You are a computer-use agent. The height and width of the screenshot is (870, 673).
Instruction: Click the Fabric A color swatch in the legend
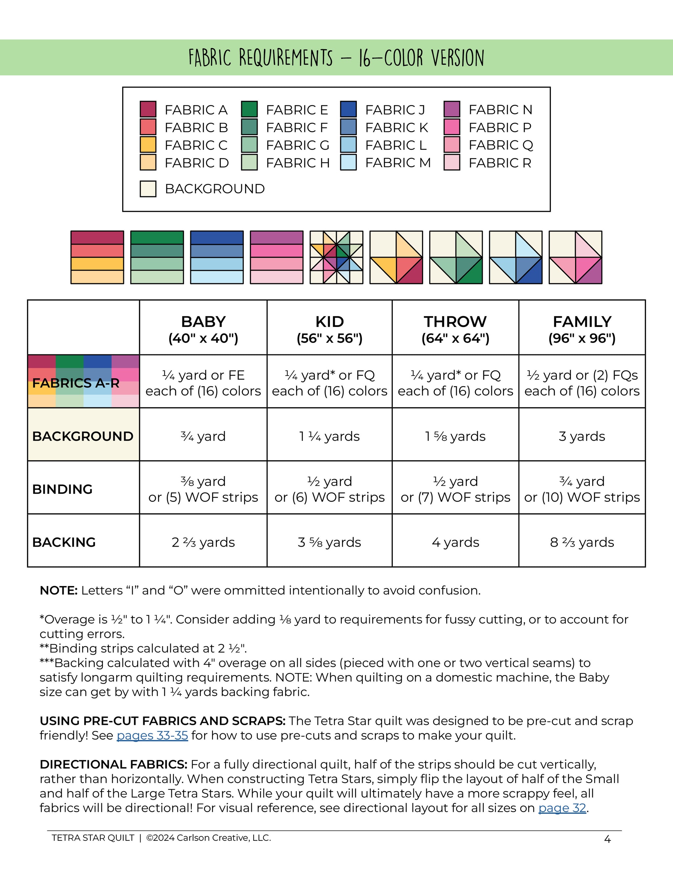(x=148, y=109)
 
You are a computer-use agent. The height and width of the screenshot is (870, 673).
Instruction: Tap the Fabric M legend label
(x=398, y=163)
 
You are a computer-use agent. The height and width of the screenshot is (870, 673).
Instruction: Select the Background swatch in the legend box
(x=148, y=189)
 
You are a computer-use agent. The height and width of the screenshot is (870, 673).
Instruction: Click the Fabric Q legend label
(x=500, y=145)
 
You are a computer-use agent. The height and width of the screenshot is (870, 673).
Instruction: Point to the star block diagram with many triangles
(x=336, y=257)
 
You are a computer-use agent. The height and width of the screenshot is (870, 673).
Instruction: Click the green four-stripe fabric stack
(x=157, y=257)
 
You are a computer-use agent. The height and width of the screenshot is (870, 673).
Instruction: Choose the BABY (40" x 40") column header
(x=203, y=329)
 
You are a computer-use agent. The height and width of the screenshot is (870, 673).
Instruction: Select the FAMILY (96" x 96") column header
(x=582, y=329)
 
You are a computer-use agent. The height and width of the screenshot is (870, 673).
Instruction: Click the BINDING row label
(x=62, y=489)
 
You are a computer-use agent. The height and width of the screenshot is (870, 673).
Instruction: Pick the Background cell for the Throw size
(x=455, y=436)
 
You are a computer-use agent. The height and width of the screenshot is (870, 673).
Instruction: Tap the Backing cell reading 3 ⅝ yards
(x=329, y=542)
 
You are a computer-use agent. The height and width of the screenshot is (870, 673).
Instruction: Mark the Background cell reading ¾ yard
(x=203, y=436)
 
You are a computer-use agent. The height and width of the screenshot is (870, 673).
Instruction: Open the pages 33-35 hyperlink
(x=152, y=735)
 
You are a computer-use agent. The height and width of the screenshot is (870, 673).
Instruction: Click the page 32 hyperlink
(x=562, y=808)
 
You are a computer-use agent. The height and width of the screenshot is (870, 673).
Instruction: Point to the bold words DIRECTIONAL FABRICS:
(x=114, y=764)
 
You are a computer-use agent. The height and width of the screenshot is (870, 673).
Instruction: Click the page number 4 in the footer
(x=607, y=840)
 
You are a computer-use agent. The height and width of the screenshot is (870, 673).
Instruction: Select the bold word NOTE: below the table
(x=58, y=590)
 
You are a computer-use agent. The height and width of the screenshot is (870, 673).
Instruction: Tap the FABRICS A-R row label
(x=76, y=383)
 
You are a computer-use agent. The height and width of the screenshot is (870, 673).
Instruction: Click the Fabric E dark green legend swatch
(x=249, y=109)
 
